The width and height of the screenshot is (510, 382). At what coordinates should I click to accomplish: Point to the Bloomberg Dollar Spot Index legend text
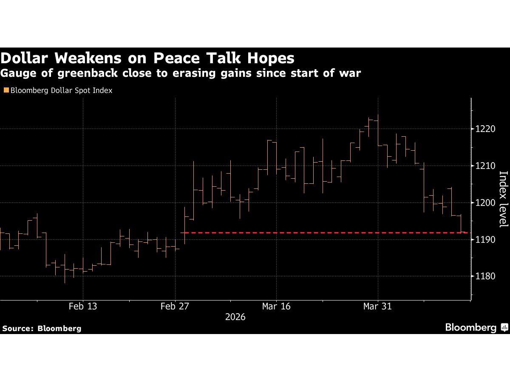[x=61, y=90]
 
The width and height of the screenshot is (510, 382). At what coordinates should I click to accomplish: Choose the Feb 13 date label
[x=83, y=306]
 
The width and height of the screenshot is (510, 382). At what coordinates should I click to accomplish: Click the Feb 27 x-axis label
[x=175, y=306]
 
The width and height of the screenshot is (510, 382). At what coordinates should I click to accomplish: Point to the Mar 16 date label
[x=277, y=306]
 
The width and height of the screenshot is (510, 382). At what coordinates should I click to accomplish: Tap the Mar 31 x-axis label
[x=378, y=306]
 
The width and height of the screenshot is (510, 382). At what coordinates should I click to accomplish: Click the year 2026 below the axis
[x=235, y=317]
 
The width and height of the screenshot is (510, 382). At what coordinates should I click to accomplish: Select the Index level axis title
[x=503, y=199]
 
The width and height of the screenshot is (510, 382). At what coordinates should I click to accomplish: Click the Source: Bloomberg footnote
[x=42, y=328]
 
